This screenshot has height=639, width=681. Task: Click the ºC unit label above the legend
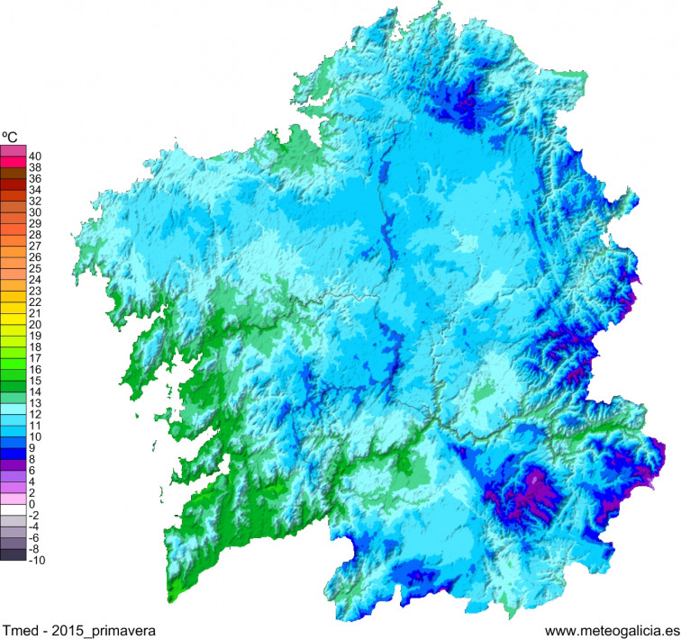[x=12, y=138]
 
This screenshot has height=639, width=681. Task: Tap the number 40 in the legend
[x=35, y=156]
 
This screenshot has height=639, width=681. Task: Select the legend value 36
[x=35, y=178]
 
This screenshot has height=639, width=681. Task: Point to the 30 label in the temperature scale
[x=35, y=212]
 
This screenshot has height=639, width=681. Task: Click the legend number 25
[x=35, y=268]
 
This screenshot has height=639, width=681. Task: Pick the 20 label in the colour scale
[x=35, y=324]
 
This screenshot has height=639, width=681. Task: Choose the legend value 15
[x=35, y=381]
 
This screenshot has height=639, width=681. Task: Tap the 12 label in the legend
[x=35, y=414]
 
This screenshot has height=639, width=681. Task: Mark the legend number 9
[x=32, y=447]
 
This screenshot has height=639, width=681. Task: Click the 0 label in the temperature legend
[x=32, y=504]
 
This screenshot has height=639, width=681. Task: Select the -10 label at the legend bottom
[x=35, y=560]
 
